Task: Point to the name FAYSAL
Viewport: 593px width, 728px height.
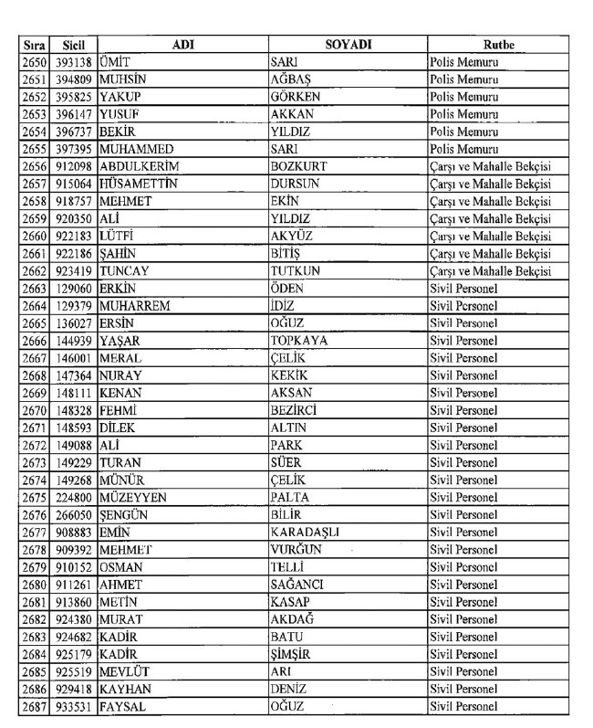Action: [x=125, y=706]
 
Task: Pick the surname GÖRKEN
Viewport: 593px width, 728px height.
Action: [x=296, y=96]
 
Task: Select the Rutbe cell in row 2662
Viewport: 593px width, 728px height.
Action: [x=490, y=271]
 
